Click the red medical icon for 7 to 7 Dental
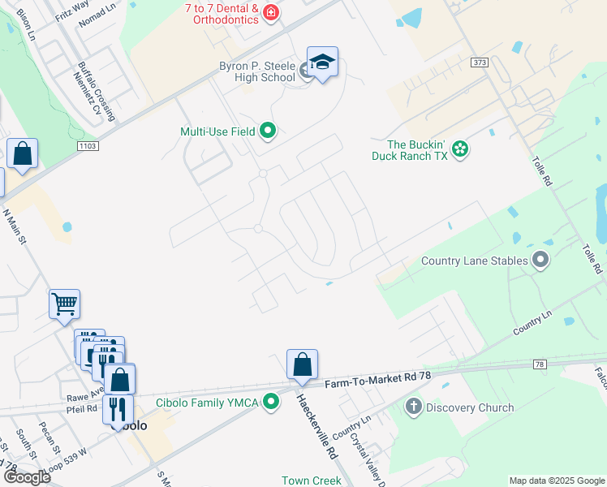coord(271,13)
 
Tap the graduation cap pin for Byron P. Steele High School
coord(322,62)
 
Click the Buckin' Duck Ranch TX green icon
coord(461,149)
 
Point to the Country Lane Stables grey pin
coord(540,261)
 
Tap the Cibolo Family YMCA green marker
coord(271,402)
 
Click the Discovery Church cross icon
coord(413,407)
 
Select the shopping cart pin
coord(64,305)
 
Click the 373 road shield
coord(479,62)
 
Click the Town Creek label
coord(312,481)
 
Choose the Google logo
coord(27,477)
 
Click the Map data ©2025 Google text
coord(555,481)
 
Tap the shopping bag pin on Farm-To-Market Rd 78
coord(302,366)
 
